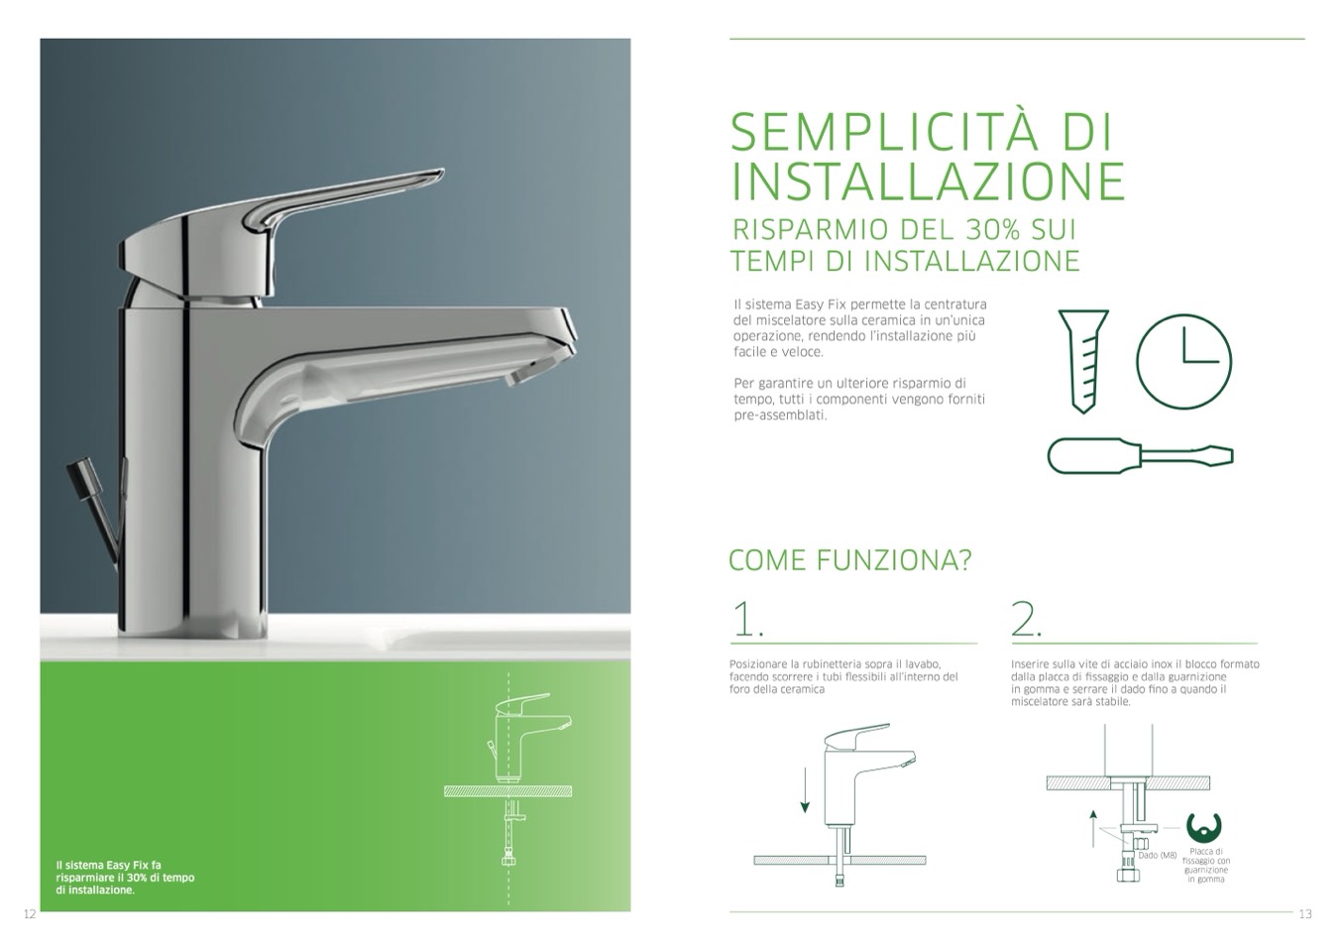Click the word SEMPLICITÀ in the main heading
pyautogui.click(x=884, y=132)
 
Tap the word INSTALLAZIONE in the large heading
pyautogui.click(x=928, y=181)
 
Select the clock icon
pyautogui.click(x=1183, y=361)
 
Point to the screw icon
pyautogui.click(x=1083, y=361)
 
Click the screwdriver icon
pyautogui.click(x=1140, y=456)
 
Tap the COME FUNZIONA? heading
pyautogui.click(x=849, y=560)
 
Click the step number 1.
pyautogui.click(x=748, y=619)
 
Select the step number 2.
pyautogui.click(x=1027, y=619)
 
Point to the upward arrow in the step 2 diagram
pyautogui.click(x=1093, y=828)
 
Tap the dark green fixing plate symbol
pyautogui.click(x=1203, y=828)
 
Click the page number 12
pyautogui.click(x=30, y=914)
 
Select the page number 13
pyautogui.click(x=1305, y=914)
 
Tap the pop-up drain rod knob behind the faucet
pyautogui.click(x=80, y=470)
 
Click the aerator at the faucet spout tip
pyautogui.click(x=519, y=377)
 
